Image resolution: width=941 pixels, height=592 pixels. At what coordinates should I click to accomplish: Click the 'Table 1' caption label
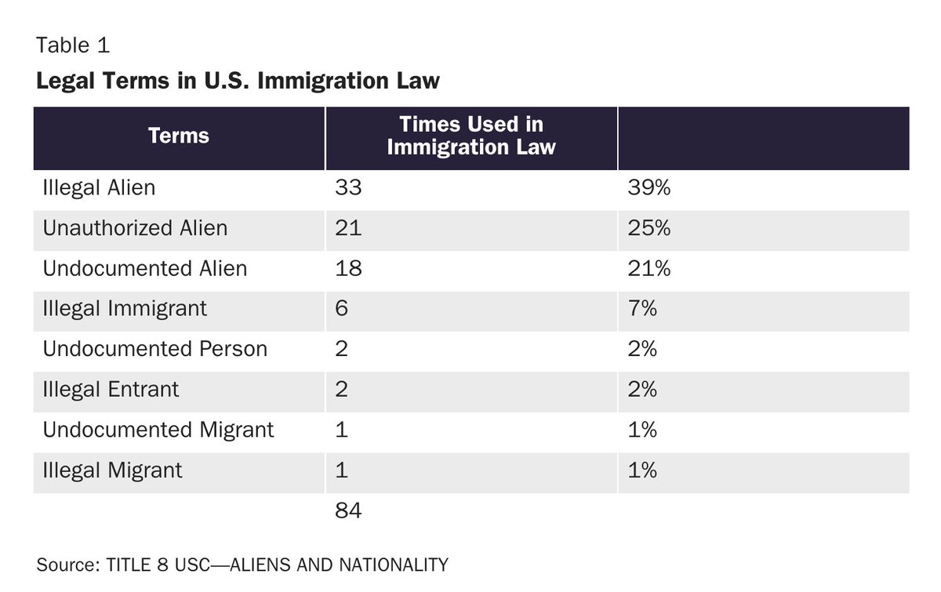(x=72, y=45)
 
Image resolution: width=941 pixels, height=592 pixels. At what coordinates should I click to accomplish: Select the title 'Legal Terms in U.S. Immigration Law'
(x=238, y=81)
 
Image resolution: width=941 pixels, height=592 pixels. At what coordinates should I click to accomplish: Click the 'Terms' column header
(x=179, y=136)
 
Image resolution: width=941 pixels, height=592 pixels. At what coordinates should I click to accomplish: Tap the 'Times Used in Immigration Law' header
(x=470, y=136)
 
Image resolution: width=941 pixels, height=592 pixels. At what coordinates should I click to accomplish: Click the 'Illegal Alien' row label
(x=99, y=188)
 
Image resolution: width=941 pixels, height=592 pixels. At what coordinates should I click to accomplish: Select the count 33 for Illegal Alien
(x=348, y=188)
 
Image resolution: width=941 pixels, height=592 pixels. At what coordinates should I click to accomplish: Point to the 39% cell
(x=649, y=188)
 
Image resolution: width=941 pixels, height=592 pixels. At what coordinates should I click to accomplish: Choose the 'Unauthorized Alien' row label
(x=135, y=228)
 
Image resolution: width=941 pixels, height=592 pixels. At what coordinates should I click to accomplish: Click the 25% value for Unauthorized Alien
(x=649, y=228)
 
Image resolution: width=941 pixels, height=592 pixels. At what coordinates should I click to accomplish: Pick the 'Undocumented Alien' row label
(x=144, y=269)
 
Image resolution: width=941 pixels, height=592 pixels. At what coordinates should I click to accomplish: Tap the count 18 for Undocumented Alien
(x=348, y=269)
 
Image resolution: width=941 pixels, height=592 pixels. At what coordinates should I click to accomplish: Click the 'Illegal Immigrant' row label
(x=125, y=309)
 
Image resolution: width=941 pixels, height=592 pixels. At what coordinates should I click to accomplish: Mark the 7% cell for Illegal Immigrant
(x=642, y=309)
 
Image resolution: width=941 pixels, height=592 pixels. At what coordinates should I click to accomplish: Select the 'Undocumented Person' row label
(x=154, y=349)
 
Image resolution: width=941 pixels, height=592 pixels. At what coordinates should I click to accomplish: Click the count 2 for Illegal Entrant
(x=341, y=390)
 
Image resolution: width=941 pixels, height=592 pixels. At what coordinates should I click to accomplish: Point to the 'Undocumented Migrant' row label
(x=158, y=430)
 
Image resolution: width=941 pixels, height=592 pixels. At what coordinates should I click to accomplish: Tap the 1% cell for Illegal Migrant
(x=642, y=470)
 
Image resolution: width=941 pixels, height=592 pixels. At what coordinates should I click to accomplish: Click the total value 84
(x=348, y=511)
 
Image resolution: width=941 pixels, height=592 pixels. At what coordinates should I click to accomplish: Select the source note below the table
(x=242, y=565)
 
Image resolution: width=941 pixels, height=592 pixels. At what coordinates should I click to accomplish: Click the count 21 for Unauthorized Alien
(x=348, y=228)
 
